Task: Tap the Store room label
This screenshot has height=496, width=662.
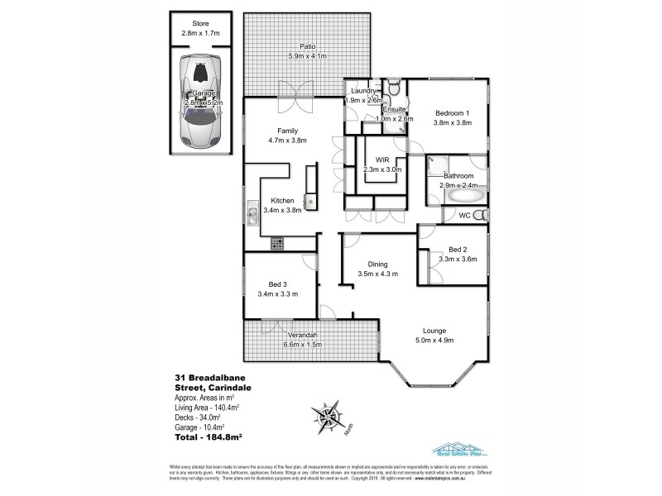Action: pyautogui.click(x=198, y=24)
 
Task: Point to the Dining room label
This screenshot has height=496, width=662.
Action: pyautogui.click(x=378, y=265)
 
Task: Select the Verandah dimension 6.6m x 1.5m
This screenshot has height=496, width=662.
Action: pyautogui.click(x=303, y=344)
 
